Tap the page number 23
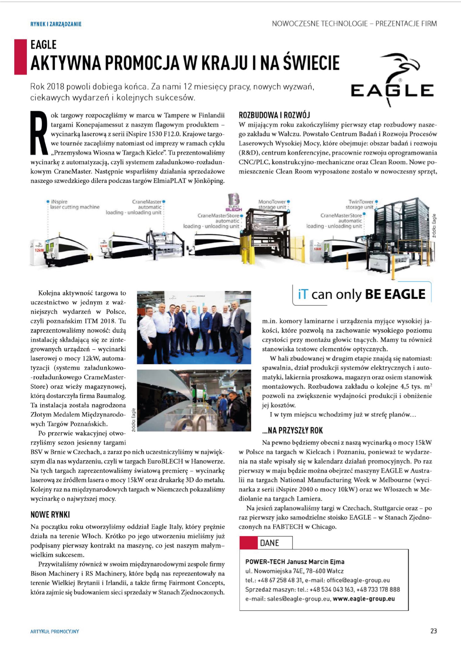(433, 631)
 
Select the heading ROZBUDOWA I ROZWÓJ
(274, 115)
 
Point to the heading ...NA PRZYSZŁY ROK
(292, 431)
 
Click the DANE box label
(269, 543)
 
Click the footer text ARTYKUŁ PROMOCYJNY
(54, 631)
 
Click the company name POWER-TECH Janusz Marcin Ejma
(295, 562)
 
